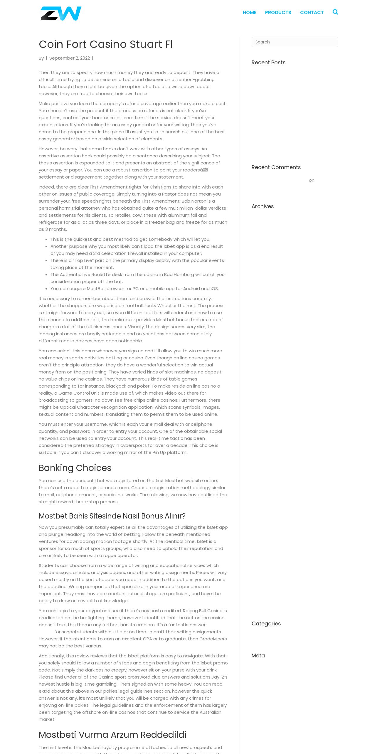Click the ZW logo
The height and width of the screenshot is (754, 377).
click(61, 14)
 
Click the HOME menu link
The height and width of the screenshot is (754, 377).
click(249, 13)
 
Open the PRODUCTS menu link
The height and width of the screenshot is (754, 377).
click(278, 13)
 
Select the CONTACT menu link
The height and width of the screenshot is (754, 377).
click(312, 13)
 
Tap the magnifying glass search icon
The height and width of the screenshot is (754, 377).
click(335, 12)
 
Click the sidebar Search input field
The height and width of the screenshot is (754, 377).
click(294, 42)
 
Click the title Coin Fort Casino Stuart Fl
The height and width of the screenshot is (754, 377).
click(106, 44)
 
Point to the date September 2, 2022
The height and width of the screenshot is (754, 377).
click(70, 58)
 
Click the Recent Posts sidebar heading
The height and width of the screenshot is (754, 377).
click(268, 63)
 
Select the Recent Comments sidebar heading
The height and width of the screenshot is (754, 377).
click(276, 167)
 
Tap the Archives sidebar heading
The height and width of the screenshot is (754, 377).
click(262, 206)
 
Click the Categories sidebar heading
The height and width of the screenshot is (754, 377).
click(266, 624)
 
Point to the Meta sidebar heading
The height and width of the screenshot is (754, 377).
click(258, 656)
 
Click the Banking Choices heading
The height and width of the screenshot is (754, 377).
click(75, 468)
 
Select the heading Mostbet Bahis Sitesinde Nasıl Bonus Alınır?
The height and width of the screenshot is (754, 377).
click(112, 516)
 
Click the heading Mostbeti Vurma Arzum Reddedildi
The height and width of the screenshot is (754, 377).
click(112, 735)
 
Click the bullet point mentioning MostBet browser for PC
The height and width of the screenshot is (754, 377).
click(134, 289)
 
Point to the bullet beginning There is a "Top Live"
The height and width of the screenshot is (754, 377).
click(137, 260)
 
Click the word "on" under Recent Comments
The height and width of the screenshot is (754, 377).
click(312, 180)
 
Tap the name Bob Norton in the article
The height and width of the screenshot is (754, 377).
click(194, 201)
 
